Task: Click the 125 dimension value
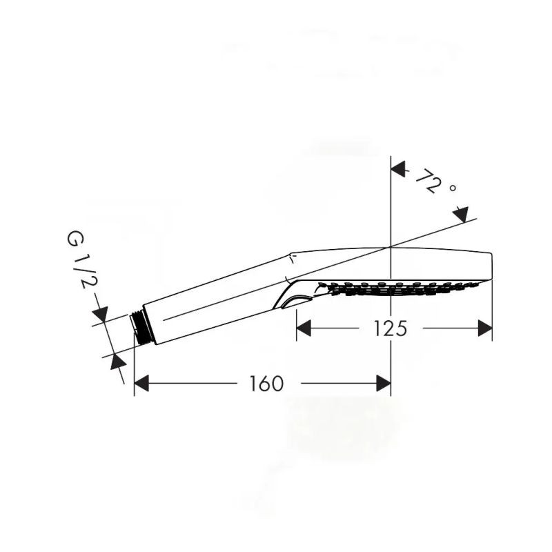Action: click(390, 328)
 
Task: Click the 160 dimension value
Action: click(266, 384)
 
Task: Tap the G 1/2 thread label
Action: click(79, 260)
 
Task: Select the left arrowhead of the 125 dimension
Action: click(304, 328)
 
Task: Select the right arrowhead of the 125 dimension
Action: click(485, 328)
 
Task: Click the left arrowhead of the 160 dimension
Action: click(141, 384)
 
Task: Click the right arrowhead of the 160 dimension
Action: click(384, 384)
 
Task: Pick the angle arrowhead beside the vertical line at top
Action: click(399, 170)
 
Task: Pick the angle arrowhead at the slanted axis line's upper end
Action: click(461, 214)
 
